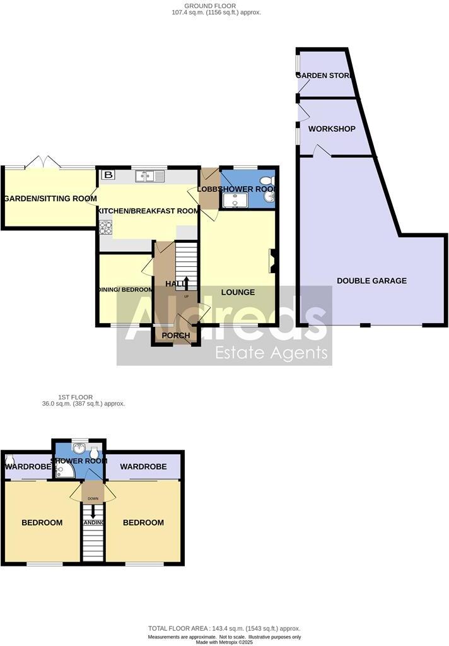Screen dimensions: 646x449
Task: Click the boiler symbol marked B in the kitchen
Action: point(108,175)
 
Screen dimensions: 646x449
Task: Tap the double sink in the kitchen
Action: point(149,177)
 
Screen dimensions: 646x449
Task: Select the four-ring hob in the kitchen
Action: point(105,226)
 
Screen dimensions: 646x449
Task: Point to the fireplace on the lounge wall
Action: point(273,261)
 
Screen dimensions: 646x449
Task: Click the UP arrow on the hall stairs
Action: point(186,283)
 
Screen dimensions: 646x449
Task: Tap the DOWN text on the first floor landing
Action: point(93,497)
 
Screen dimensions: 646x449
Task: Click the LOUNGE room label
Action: point(238,292)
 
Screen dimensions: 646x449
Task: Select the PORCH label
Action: point(176,336)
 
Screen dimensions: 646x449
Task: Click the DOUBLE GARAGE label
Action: point(371,281)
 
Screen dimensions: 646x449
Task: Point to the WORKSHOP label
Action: point(331,129)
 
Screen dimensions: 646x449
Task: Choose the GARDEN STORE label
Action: point(325,76)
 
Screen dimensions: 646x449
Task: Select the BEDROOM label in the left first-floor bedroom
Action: point(42,522)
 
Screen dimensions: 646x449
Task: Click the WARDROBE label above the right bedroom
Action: point(143,467)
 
